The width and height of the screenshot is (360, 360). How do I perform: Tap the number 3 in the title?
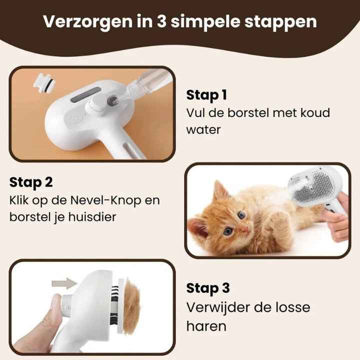(x=162, y=21)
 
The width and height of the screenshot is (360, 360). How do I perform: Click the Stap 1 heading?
(x=206, y=95)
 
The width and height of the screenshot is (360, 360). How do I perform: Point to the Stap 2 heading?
(x=31, y=183)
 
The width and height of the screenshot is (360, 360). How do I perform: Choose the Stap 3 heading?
(x=208, y=288)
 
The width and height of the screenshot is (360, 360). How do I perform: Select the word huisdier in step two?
(x=92, y=217)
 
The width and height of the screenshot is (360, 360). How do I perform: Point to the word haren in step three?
(x=206, y=326)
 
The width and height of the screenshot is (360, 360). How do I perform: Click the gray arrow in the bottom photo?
(x=64, y=283)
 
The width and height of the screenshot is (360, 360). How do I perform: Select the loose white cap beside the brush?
(x=44, y=82)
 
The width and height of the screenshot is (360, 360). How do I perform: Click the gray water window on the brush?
(x=85, y=95)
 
